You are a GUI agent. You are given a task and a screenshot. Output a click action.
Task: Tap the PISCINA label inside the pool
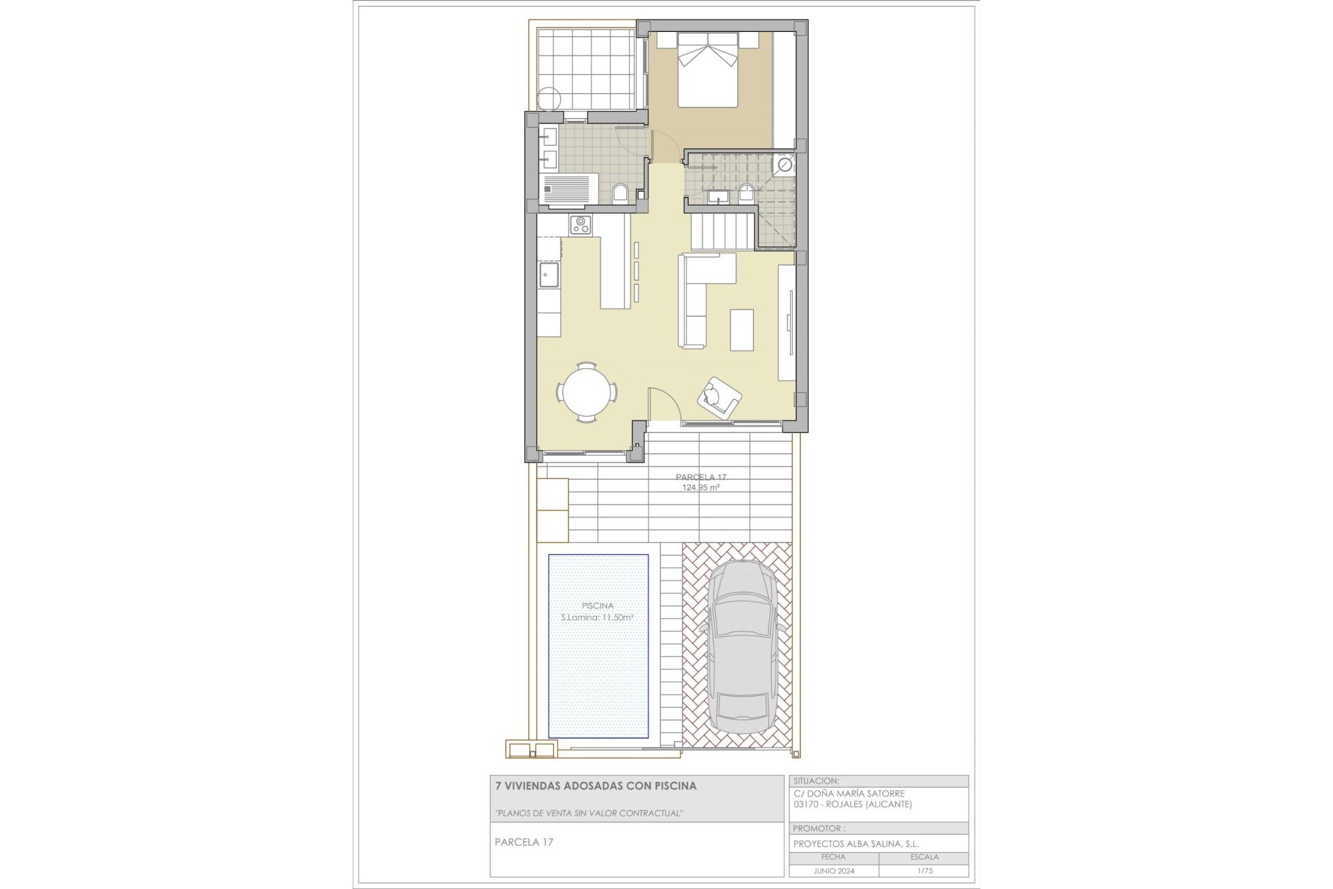click(x=597, y=606)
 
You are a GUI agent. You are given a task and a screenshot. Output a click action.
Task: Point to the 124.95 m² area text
click(x=700, y=488)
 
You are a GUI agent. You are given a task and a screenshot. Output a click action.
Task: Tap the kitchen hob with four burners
click(x=580, y=224)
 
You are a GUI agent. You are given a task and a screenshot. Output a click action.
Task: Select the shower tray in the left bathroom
click(x=569, y=191)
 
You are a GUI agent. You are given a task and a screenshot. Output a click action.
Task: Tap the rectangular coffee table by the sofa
click(x=742, y=330)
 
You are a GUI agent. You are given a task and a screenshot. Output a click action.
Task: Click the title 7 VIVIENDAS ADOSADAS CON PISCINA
click(x=595, y=786)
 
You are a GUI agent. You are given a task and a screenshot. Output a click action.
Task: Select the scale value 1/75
click(x=923, y=871)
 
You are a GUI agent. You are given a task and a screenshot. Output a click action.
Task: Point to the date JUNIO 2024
click(x=834, y=871)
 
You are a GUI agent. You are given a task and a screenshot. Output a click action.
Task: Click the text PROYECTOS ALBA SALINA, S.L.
click(x=856, y=844)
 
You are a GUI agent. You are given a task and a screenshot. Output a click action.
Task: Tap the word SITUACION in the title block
click(x=816, y=781)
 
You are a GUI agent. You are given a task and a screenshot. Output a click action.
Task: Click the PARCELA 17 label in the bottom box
click(x=523, y=842)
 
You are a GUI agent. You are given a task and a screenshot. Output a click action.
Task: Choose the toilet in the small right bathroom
click(x=746, y=192)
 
